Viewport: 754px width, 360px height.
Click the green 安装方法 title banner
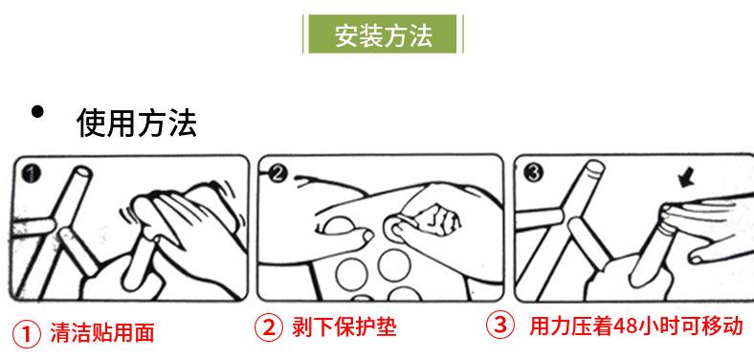[383, 34]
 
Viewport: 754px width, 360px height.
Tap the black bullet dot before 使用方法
[37, 112]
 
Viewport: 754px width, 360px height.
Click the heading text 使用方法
[137, 123]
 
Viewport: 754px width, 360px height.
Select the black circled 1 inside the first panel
[31, 173]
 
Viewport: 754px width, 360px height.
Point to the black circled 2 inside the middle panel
[277, 173]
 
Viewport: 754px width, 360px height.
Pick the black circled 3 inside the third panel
[533, 172]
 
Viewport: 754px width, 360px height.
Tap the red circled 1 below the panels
[26, 334]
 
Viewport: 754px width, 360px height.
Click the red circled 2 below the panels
[268, 327]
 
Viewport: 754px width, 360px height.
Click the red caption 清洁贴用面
[102, 333]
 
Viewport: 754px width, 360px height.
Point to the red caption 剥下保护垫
[344, 327]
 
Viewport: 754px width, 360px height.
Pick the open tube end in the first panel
[82, 171]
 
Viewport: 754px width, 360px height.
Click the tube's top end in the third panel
[595, 167]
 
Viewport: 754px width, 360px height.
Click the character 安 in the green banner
[346, 34]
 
